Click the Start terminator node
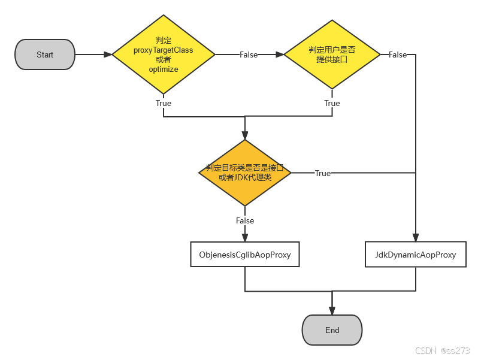pos(45,55)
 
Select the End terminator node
pos(332,330)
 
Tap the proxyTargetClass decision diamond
pos(164,55)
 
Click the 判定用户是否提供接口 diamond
pos(332,55)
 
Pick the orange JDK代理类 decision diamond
pos(244,173)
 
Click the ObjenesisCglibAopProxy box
pos(244,255)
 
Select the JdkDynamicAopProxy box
pos(415,255)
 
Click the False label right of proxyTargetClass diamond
pos(249,55)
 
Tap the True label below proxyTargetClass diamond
pos(164,103)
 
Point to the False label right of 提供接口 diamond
pos(398,55)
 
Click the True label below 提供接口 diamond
pos(332,103)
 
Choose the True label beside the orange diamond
pos(323,173)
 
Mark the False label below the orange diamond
pos(244,220)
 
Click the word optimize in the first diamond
pos(164,69)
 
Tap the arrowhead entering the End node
pos(332,310)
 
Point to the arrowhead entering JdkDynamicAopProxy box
pos(415,238)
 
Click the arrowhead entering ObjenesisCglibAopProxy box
pos(244,238)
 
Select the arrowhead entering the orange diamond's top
pos(244,136)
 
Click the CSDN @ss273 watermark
pos(442,350)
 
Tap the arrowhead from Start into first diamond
pos(108,55)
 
